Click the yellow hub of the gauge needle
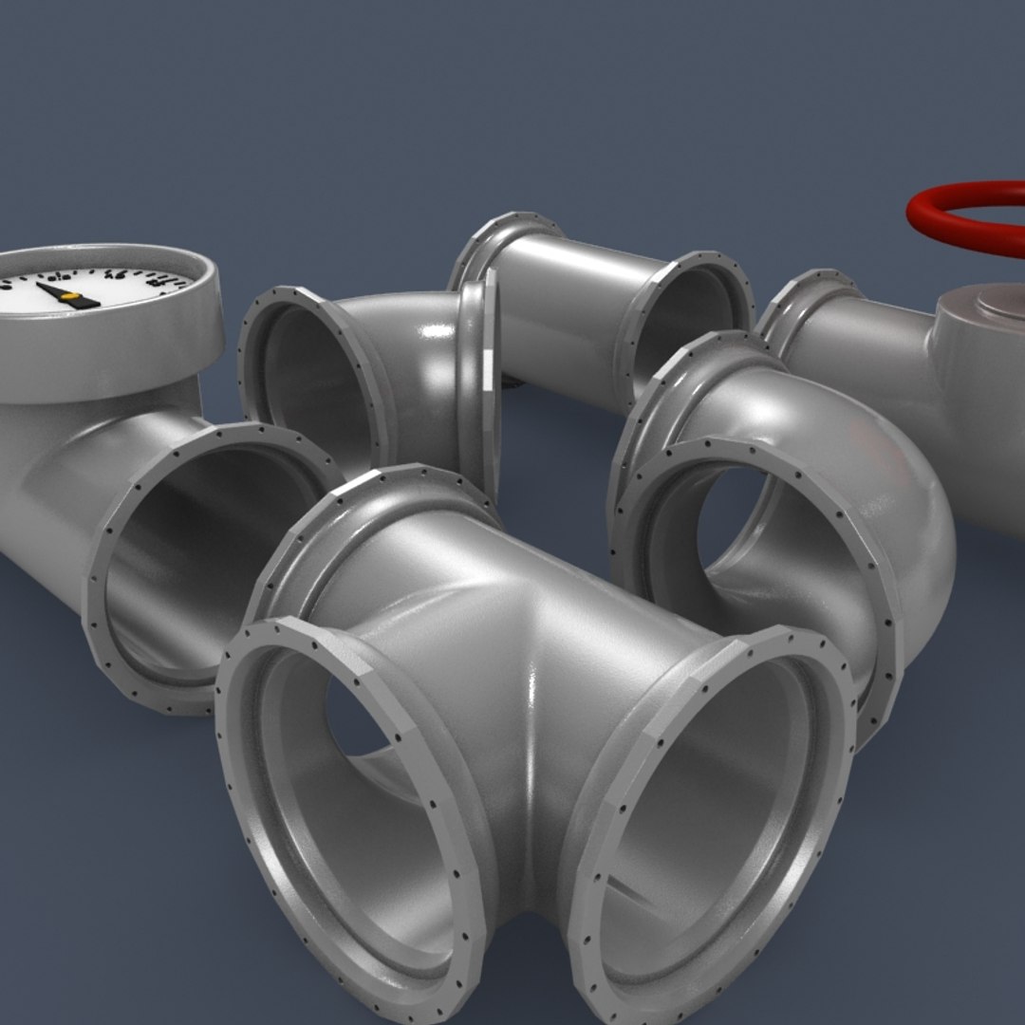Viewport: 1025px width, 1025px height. (x=69, y=297)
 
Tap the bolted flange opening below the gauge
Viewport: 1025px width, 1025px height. (x=209, y=560)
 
